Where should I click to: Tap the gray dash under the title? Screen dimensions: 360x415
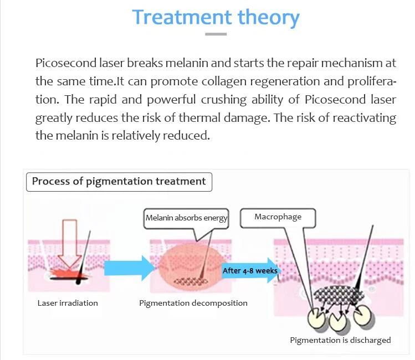coord(216,34)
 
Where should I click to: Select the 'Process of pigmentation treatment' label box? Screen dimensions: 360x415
coord(119,182)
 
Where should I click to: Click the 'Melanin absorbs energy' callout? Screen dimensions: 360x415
coord(186,218)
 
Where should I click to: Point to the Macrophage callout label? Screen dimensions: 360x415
coord(278,217)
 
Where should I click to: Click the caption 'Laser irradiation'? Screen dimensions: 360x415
coord(68,303)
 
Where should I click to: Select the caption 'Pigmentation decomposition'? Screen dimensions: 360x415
coord(193,303)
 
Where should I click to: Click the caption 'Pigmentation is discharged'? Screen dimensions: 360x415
coord(340,340)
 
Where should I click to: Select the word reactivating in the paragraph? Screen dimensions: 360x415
coord(365,118)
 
